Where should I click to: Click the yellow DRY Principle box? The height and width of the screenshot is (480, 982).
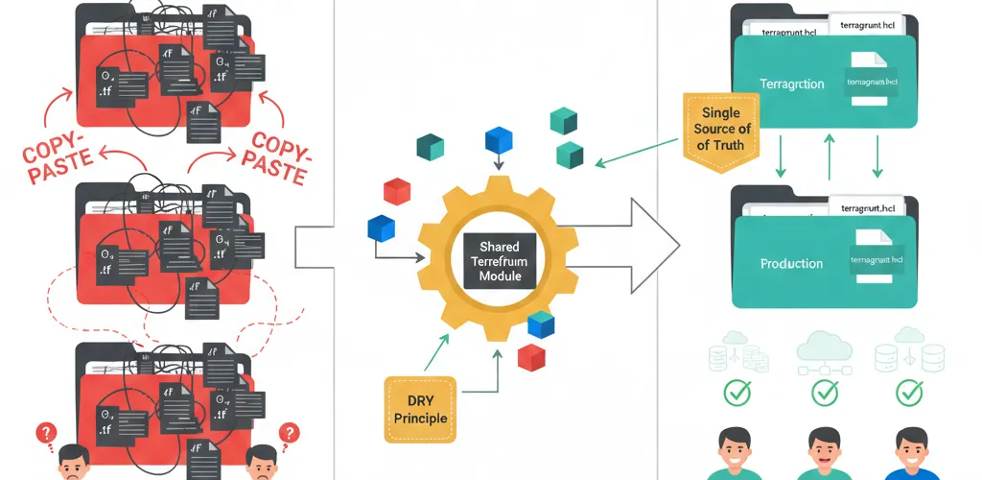421,408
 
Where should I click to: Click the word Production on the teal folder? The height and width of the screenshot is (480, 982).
791,263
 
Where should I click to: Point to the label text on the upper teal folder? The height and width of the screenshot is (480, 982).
791,84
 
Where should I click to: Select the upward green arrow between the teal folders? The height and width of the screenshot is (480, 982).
829,156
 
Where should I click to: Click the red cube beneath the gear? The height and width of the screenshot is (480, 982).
530,358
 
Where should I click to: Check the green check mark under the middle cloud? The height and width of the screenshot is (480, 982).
825,394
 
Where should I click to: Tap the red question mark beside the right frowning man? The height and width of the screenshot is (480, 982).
285,434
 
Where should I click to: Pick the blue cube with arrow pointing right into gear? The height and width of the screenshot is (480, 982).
381,228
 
